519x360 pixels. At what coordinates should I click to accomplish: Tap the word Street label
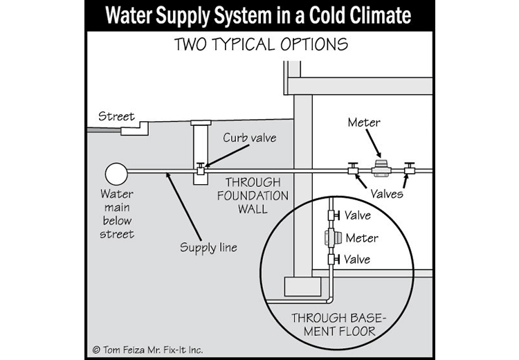(116, 116)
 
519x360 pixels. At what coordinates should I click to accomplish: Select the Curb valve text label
(249, 138)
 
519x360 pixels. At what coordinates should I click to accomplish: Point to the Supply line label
(208, 247)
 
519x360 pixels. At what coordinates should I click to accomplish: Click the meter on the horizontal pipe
(380, 167)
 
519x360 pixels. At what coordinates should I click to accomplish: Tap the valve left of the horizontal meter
(352, 168)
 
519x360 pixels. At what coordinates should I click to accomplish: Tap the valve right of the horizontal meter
(409, 168)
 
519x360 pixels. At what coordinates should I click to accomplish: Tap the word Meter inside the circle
(363, 238)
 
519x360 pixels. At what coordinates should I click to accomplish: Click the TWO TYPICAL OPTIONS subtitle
(261, 46)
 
